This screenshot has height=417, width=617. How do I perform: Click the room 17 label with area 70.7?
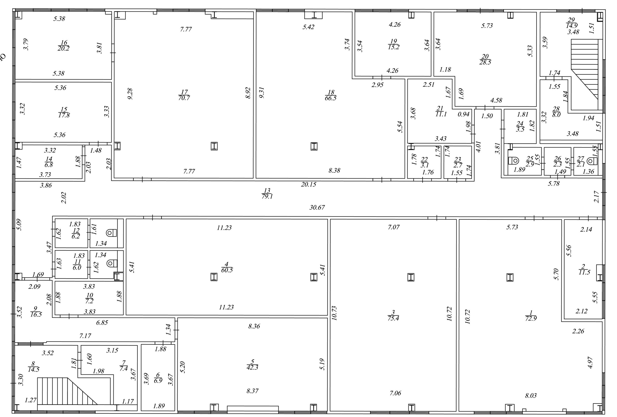point(184,95)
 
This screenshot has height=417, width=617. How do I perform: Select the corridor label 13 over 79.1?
point(267,193)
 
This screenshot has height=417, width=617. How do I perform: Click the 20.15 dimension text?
point(308,184)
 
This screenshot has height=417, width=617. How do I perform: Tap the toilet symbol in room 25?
point(513,161)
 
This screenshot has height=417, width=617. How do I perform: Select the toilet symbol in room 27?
point(592,161)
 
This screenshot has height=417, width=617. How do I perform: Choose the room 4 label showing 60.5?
point(227,267)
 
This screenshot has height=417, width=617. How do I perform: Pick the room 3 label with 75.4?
point(393,315)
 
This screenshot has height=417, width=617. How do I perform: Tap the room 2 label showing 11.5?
point(584,269)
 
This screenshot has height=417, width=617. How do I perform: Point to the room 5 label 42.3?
point(252,364)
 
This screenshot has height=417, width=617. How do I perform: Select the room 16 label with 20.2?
point(64,45)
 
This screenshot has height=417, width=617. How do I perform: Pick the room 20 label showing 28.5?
point(485,59)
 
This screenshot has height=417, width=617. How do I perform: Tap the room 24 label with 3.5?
point(520,126)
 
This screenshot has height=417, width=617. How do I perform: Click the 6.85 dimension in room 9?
point(102,323)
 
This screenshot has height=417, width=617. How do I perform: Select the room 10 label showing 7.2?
point(89,298)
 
